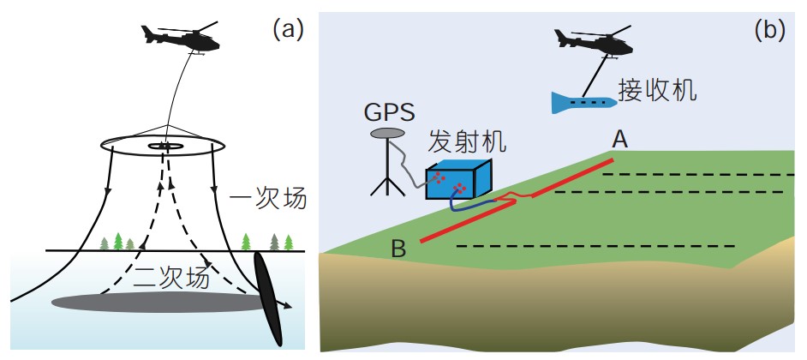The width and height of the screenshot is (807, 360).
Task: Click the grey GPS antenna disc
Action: pyautogui.click(x=388, y=133)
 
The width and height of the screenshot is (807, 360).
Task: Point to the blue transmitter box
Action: pyautogui.click(x=457, y=183)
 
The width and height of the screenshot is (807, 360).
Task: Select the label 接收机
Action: pyautogui.click(x=656, y=88)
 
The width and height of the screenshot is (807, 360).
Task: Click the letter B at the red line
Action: pyautogui.click(x=398, y=249)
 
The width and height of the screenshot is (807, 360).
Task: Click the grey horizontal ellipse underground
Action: pyautogui.click(x=154, y=301)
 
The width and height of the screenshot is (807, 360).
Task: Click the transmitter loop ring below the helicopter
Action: pyautogui.click(x=162, y=155)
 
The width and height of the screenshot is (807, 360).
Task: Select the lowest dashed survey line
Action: pyautogui.click(x=595, y=247)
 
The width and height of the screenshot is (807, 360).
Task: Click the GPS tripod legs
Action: pyautogui.click(x=386, y=176)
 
